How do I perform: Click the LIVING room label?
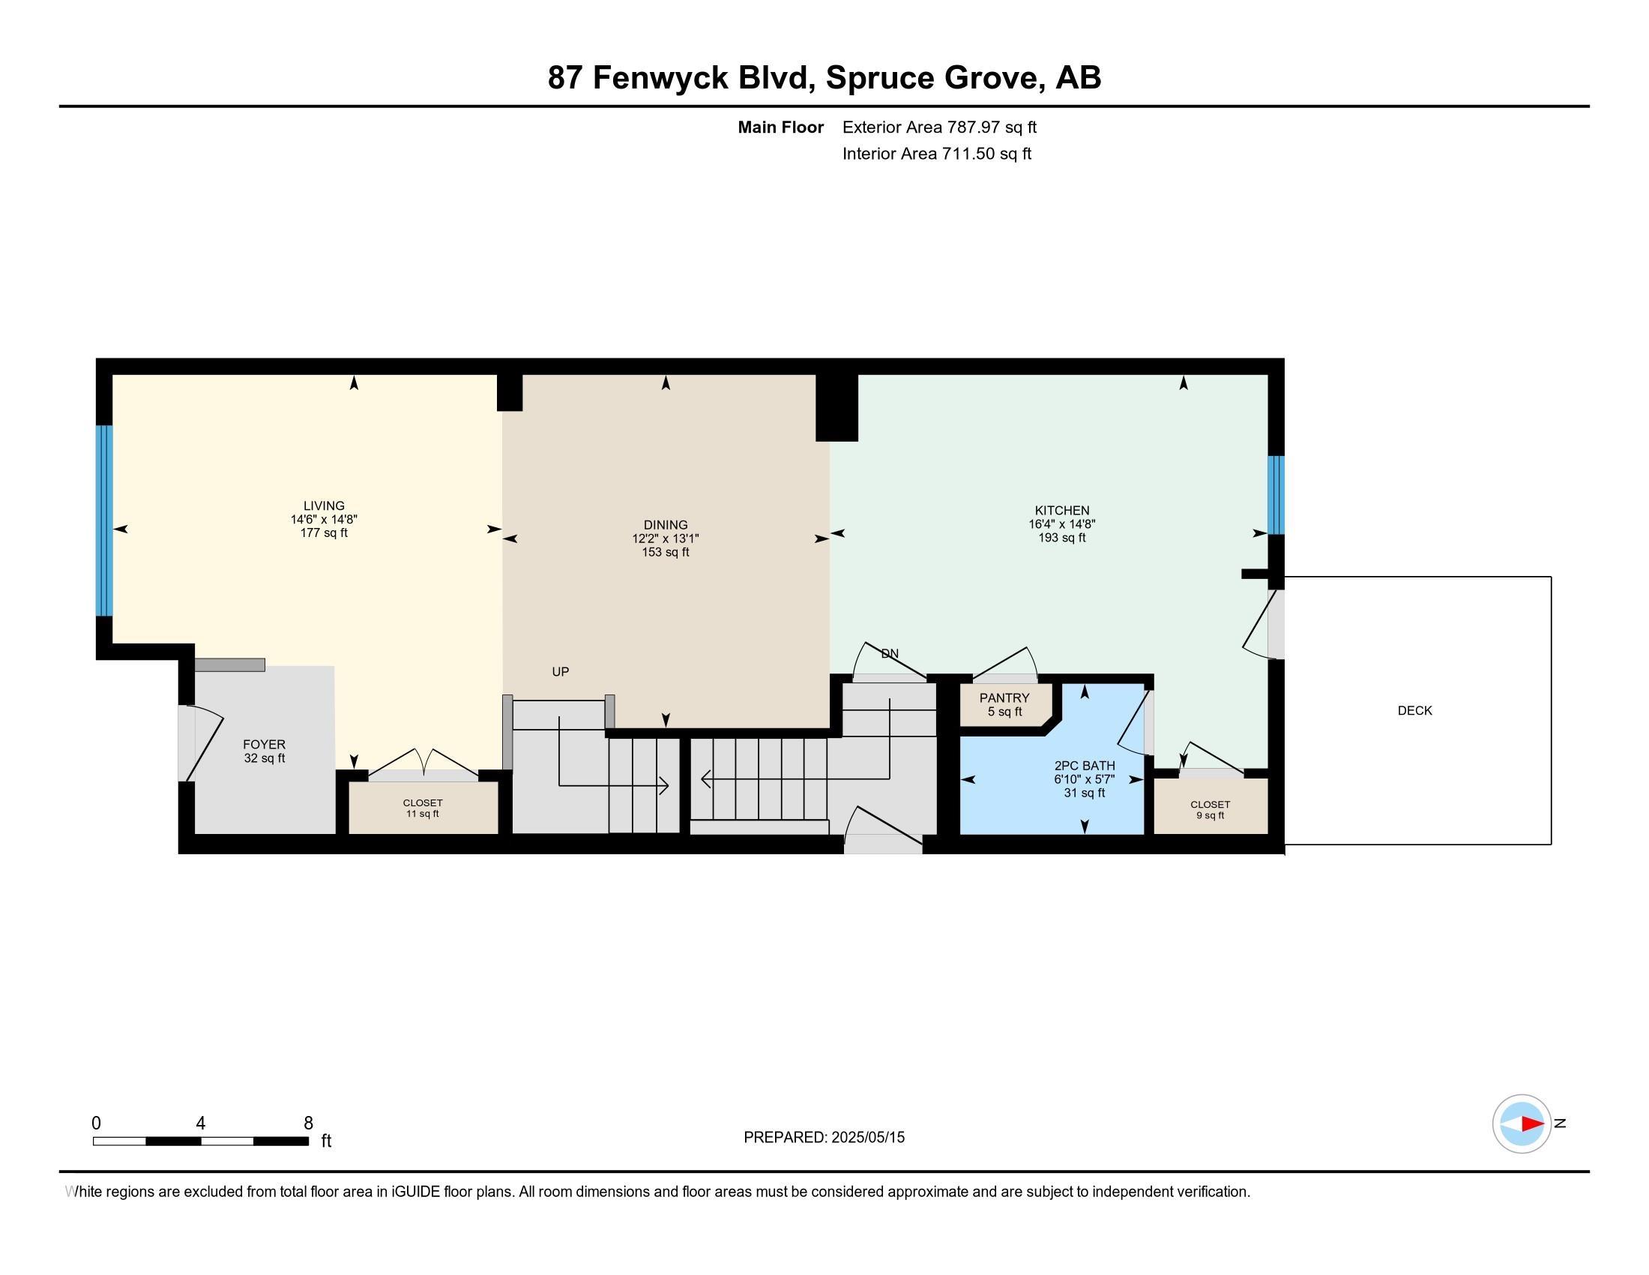324,506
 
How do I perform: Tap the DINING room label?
665,525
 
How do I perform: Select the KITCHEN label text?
1061,511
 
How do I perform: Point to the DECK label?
1414,711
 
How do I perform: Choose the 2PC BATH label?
1085,766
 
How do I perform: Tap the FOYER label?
265,745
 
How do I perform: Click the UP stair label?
560,671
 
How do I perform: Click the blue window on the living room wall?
104,521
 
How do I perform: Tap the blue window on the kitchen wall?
1275,495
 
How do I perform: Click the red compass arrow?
1532,1124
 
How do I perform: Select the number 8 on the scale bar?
308,1123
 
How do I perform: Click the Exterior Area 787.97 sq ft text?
939,127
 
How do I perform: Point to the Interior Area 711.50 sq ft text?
936,154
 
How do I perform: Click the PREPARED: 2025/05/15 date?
824,1138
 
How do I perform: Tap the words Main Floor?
781,127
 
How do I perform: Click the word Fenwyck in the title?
660,78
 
